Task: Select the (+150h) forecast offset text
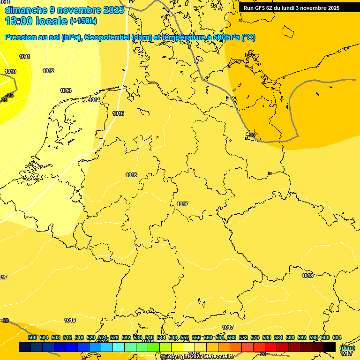click(x=83, y=21)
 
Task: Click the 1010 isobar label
click(x=10, y=72)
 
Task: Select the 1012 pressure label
click(x=48, y=71)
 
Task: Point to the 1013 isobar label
click(x=66, y=91)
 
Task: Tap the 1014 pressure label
click(x=94, y=100)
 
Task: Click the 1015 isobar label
click(x=118, y=114)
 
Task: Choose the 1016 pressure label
click(x=131, y=175)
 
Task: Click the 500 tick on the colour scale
click(x=32, y=337)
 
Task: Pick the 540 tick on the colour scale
click(x=150, y=337)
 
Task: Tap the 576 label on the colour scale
click(x=255, y=337)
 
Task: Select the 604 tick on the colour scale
click(x=337, y=337)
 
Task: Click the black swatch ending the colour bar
click(x=330, y=347)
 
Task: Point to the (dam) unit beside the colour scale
click(x=347, y=348)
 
